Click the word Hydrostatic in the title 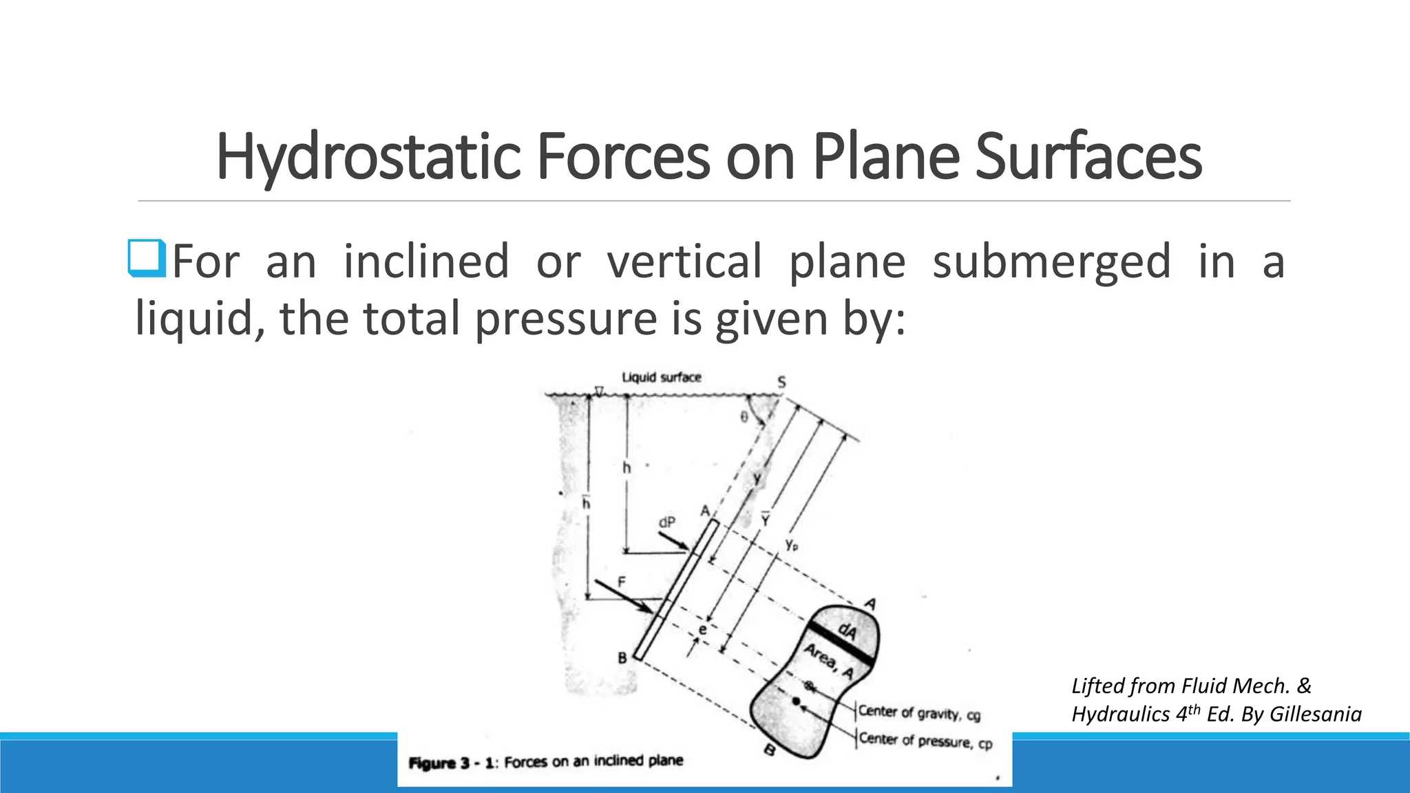click(368, 157)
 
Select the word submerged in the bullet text click(1051, 262)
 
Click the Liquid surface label click(661, 377)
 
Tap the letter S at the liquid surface click(781, 383)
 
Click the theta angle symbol click(744, 416)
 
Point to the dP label click(666, 522)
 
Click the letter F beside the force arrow click(622, 582)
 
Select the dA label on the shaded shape click(848, 631)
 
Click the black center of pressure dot click(796, 701)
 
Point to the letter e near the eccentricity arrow click(702, 630)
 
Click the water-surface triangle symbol click(599, 391)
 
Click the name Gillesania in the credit click(1315, 714)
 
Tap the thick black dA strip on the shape click(841, 643)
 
